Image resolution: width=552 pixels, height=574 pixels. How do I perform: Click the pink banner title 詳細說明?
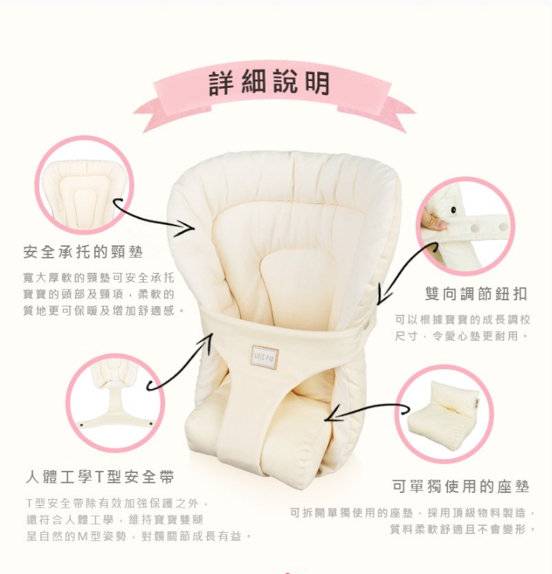click(269, 83)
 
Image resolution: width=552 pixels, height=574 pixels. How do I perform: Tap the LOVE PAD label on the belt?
click(265, 357)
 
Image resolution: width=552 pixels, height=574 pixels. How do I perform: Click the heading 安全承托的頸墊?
click(83, 252)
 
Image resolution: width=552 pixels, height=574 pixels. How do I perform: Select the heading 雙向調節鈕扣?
click(476, 294)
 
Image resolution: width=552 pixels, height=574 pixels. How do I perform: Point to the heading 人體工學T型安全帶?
click(99, 477)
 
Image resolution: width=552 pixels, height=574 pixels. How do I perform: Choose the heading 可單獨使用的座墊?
click(461, 487)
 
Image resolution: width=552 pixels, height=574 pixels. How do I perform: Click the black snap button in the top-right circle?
click(453, 210)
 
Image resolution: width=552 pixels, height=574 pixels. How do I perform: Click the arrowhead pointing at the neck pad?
click(186, 228)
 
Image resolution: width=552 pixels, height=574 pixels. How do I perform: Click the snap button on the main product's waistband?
click(368, 324)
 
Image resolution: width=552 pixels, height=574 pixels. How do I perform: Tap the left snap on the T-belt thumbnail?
click(82, 425)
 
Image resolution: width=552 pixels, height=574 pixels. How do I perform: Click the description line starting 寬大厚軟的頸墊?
click(98, 278)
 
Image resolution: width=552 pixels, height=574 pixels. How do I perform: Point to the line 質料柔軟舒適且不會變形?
click(463, 530)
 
